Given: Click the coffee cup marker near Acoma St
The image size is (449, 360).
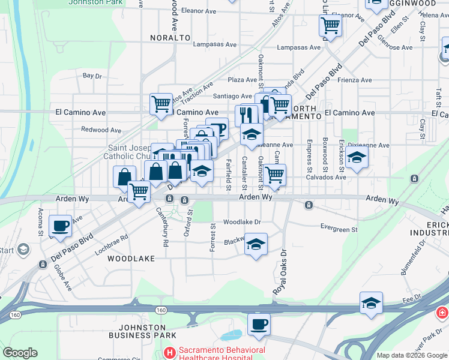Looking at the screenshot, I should click(60, 226).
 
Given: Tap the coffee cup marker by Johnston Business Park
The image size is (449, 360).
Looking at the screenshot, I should click(259, 325).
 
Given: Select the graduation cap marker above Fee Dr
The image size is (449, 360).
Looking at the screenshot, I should click(371, 304).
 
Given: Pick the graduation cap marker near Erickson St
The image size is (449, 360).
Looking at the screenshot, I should click(357, 158).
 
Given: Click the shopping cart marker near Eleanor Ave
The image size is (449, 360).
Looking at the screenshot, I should click(330, 26).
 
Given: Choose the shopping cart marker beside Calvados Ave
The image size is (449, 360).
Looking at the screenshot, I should click(274, 175).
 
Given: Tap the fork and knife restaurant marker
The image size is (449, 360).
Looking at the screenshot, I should click(247, 115).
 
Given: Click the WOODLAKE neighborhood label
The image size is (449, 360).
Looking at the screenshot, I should click(131, 259).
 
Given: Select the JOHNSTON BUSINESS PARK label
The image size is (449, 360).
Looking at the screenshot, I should click(147, 331).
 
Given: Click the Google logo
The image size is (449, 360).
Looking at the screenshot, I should click(20, 353).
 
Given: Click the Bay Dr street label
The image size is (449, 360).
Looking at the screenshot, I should click(92, 76).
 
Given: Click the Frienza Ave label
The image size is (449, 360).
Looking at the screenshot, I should click(355, 80).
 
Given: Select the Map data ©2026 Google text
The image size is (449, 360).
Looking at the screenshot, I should click(411, 355).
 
